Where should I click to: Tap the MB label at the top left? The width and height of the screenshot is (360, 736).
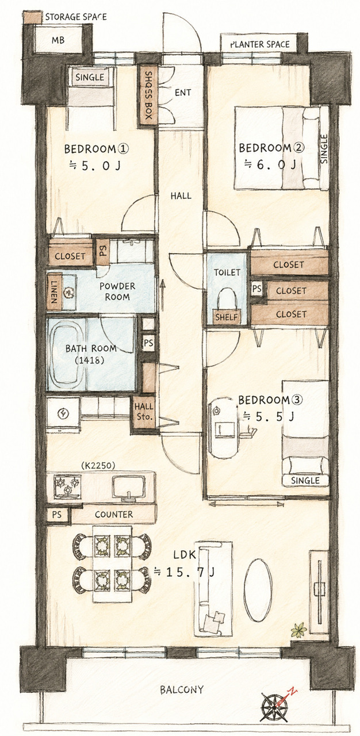pyautogui.click(x=58, y=40)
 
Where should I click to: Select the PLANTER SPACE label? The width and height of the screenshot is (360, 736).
pyautogui.click(x=260, y=44)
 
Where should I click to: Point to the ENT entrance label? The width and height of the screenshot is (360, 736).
pyautogui.click(x=183, y=93)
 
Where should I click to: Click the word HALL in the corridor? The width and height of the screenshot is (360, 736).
pyautogui.click(x=181, y=196)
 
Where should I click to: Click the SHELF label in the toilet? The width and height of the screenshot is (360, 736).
pyautogui.click(x=227, y=317)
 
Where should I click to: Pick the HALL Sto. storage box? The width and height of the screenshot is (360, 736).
pyautogui.click(x=144, y=412)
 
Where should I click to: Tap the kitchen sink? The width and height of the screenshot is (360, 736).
pyautogui.click(x=128, y=487)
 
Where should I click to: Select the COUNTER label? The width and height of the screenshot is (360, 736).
pyautogui.click(x=114, y=514)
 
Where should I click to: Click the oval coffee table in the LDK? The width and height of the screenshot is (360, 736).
pyautogui.click(x=258, y=590)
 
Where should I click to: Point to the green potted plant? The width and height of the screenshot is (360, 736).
pyautogui.click(x=298, y=630)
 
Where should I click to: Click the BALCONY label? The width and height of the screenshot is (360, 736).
pyautogui.click(x=182, y=689)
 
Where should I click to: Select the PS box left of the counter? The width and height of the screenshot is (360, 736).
pyautogui.click(x=57, y=515)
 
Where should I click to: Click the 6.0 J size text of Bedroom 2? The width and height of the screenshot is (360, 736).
pyautogui.click(x=270, y=164)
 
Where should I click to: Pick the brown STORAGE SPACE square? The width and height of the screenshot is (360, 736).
pyautogui.click(x=33, y=17)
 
